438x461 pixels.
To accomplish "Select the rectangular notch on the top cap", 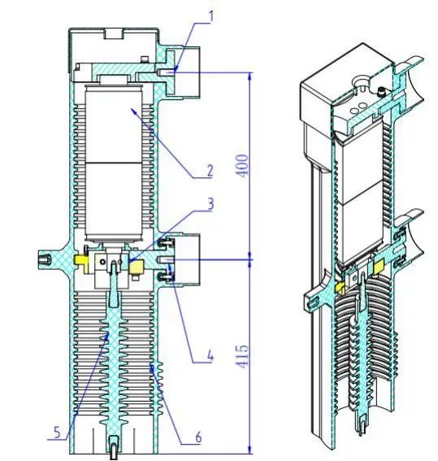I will [114, 34].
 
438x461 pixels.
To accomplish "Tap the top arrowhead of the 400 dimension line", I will [249, 74].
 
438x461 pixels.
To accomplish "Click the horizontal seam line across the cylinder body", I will [119, 164].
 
